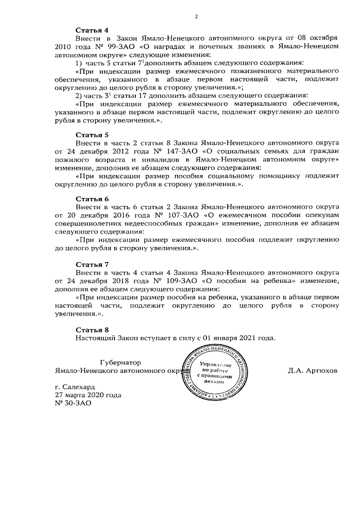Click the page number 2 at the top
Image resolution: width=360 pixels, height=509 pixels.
point(196,16)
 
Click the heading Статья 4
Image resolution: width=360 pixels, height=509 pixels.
point(92,29)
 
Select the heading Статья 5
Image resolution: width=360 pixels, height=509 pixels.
point(92,135)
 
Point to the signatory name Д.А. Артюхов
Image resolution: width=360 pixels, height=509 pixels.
point(313,371)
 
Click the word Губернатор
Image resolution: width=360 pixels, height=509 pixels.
point(119,363)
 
